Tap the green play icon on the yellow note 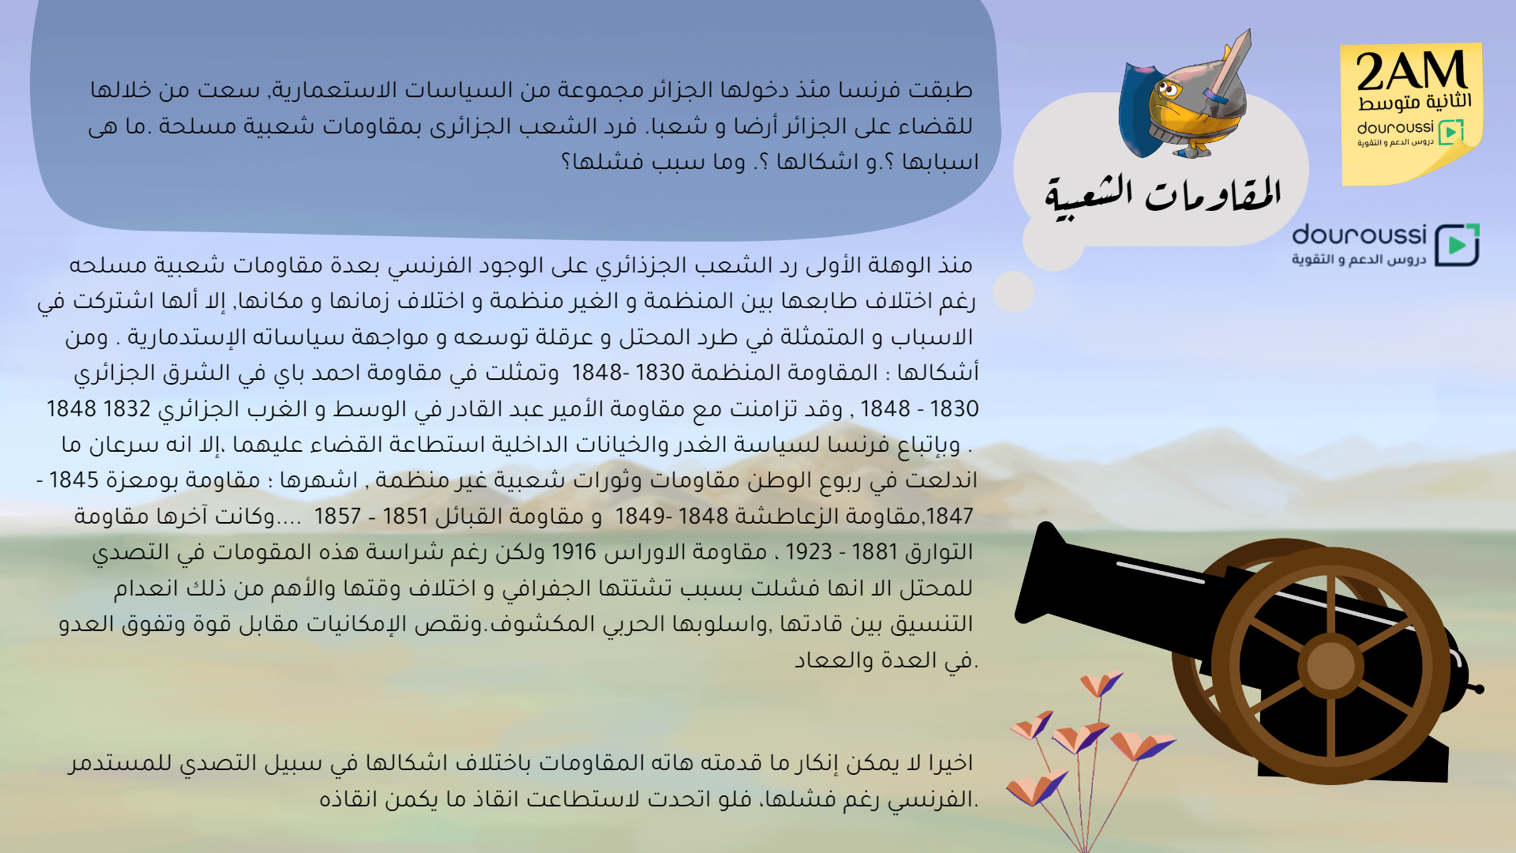(1451, 132)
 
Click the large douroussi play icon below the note (1457, 245)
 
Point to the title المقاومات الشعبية (1162, 197)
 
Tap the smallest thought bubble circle (1013, 292)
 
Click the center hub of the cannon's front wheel (1330, 666)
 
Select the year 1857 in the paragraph (337, 517)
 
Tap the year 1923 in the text (809, 552)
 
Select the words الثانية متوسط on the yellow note (1415, 102)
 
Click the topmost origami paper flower (1101, 682)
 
